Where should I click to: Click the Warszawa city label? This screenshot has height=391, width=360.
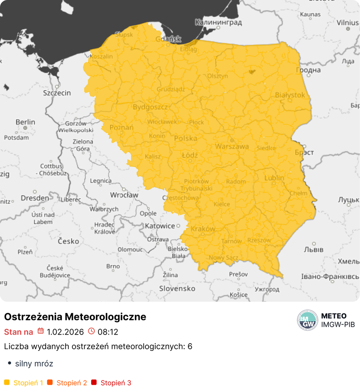point(232,147)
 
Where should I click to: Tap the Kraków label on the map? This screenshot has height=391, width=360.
point(203,229)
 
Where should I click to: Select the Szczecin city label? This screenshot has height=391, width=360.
point(57,93)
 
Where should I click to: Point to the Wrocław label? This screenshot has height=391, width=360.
point(124,195)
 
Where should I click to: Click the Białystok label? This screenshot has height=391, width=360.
point(290,95)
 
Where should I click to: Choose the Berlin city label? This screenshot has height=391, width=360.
point(25,122)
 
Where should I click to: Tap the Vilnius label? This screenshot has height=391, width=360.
point(348,22)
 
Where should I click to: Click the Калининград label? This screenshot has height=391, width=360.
point(217,22)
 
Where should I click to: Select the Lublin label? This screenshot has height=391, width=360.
point(274,178)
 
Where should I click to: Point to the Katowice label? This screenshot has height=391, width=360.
point(160,226)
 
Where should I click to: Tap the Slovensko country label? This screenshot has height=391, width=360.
point(177,288)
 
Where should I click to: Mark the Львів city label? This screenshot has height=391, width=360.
point(314,250)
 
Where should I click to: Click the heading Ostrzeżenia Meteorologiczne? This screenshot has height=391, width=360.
point(75,317)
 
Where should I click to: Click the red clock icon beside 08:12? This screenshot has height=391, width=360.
point(91,331)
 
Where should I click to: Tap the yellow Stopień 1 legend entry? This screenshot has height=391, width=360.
point(24,383)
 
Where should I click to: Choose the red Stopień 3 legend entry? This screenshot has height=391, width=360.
point(111,383)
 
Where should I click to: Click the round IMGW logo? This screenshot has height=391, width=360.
point(307,320)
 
